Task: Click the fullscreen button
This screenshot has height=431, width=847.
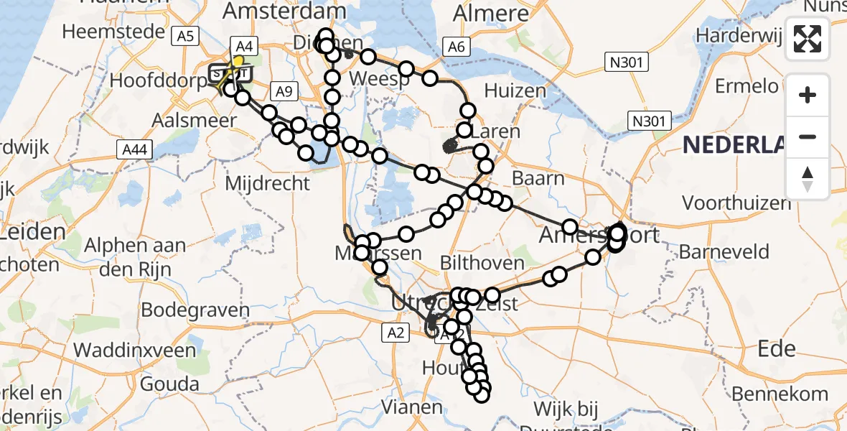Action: pyautogui.click(x=808, y=38)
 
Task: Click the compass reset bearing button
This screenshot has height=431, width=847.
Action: pyautogui.click(x=808, y=179)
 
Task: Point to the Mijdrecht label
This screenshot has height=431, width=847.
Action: pyautogui.click(x=268, y=183)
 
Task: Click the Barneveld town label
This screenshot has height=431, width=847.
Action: pyautogui.click(x=724, y=252)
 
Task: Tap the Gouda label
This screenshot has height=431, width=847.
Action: pyautogui.click(x=169, y=383)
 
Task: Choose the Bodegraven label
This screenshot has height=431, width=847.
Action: pyautogui.click(x=195, y=310)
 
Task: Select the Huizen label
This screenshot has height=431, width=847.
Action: pyautogui.click(x=515, y=91)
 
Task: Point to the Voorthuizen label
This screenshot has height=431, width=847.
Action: pyautogui.click(x=736, y=203)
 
